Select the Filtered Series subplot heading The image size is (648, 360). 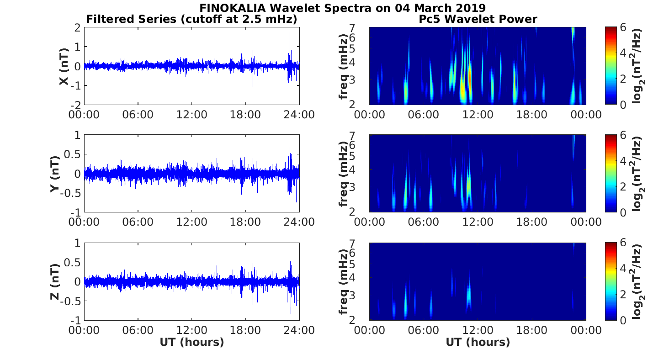[192, 19]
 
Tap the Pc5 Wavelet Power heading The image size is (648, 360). [478, 19]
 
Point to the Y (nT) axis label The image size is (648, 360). [54, 174]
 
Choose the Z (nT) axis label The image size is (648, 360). [54, 281]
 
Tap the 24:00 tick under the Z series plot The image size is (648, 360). [299, 329]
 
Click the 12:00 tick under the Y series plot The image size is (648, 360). [191, 222]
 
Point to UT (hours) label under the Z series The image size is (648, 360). [191, 342]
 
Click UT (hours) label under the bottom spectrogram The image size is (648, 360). [478, 342]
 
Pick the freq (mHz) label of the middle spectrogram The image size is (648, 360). [343, 174]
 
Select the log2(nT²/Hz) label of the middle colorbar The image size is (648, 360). [638, 174]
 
